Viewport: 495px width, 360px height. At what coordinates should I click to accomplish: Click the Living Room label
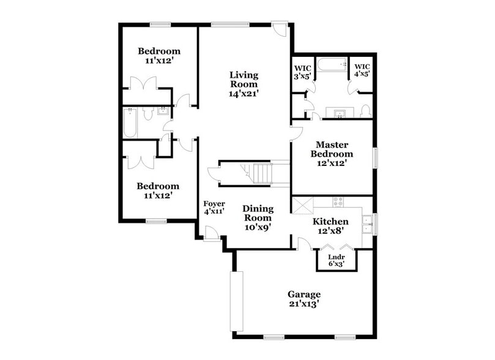point(244,84)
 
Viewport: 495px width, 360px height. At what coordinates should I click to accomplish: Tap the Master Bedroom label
point(332,154)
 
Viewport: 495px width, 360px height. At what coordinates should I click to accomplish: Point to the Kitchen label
point(331,226)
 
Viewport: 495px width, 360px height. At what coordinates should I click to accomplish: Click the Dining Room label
point(258,217)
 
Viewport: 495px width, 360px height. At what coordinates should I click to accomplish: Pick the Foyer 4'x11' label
point(214,208)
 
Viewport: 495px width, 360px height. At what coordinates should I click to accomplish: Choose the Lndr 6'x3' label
point(336,260)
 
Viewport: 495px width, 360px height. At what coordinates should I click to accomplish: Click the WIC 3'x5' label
point(303,72)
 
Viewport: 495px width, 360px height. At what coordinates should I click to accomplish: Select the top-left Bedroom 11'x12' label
point(158,56)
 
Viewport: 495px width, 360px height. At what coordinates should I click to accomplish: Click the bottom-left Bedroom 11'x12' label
point(158,190)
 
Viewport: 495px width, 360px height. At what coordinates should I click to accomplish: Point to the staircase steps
point(262,173)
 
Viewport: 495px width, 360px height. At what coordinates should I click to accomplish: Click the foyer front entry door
point(212,234)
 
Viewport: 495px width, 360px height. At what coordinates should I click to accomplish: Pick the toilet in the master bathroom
point(365,111)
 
